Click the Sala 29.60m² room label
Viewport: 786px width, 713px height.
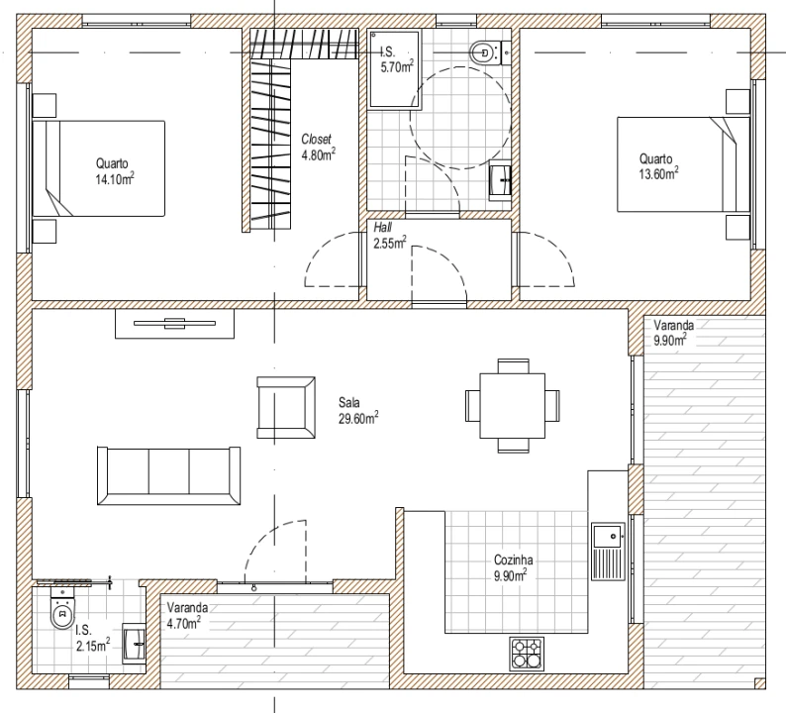click(x=358, y=411)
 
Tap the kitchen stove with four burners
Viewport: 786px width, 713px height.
click(x=527, y=654)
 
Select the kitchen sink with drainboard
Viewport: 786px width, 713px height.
click(x=608, y=551)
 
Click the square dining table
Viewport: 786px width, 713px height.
click(x=513, y=406)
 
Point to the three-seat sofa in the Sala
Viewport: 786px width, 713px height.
click(x=168, y=475)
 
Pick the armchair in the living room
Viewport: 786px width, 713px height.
click(x=286, y=408)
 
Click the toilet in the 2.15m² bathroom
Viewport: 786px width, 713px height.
click(x=62, y=608)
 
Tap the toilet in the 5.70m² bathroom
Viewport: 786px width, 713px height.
click(x=485, y=51)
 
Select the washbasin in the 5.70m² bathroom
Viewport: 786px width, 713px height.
click(x=500, y=179)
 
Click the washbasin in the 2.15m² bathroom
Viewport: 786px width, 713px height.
click(x=134, y=644)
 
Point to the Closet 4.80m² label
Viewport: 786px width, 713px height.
click(x=319, y=147)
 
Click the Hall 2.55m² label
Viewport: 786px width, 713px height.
click(x=389, y=236)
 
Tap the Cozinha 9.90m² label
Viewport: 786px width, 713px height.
click(x=513, y=567)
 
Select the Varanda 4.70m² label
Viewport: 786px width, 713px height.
click(x=187, y=615)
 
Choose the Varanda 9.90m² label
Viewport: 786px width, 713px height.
click(x=673, y=333)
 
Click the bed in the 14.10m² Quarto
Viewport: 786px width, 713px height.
click(x=99, y=168)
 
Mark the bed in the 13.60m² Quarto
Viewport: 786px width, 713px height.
click(x=683, y=164)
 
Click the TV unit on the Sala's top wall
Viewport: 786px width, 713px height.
click(x=174, y=324)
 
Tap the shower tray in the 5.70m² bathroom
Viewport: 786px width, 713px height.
click(x=395, y=69)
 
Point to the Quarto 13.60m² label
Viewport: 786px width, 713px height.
click(x=658, y=166)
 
